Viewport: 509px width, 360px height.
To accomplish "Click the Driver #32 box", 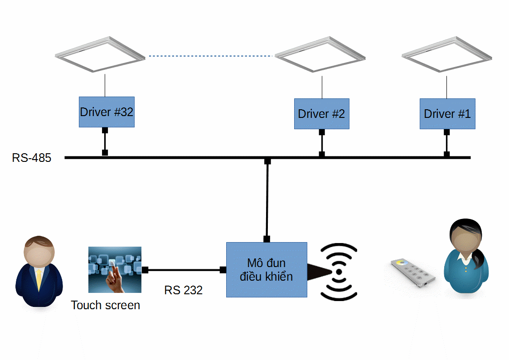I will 107,112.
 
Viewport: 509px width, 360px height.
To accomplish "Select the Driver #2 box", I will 321,113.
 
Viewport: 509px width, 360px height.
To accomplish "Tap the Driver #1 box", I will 447,113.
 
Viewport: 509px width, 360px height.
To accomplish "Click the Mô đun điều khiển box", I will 267,270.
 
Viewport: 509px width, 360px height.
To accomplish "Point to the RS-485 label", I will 32,158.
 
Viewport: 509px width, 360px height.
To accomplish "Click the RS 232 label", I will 183,290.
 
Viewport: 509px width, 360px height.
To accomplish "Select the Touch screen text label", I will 106,305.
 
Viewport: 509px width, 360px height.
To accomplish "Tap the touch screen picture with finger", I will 115,270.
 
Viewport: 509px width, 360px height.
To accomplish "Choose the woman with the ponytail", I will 466,258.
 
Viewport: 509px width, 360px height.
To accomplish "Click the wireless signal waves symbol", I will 339,272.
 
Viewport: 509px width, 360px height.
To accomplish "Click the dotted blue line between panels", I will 211,56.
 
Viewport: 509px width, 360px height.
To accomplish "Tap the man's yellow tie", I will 39,277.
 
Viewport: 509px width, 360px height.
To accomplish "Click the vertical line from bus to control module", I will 267,199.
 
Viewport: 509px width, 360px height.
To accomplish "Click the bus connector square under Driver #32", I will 105,152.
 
